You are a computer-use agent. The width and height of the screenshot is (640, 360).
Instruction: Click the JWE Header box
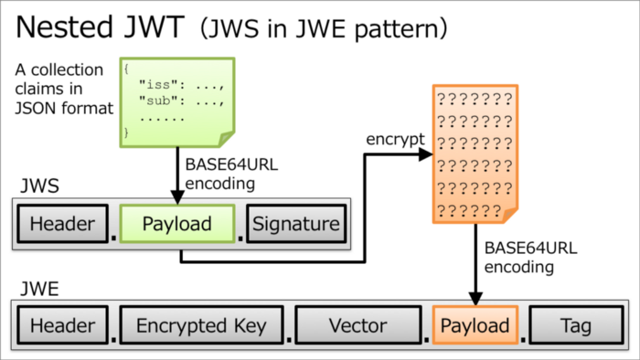point(62,326)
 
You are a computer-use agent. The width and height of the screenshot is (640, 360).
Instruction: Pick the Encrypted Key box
point(201,326)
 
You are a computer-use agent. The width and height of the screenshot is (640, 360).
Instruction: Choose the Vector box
point(357,326)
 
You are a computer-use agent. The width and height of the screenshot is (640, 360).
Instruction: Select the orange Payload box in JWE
point(475,326)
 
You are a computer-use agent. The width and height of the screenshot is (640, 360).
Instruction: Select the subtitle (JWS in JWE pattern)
point(325,29)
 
